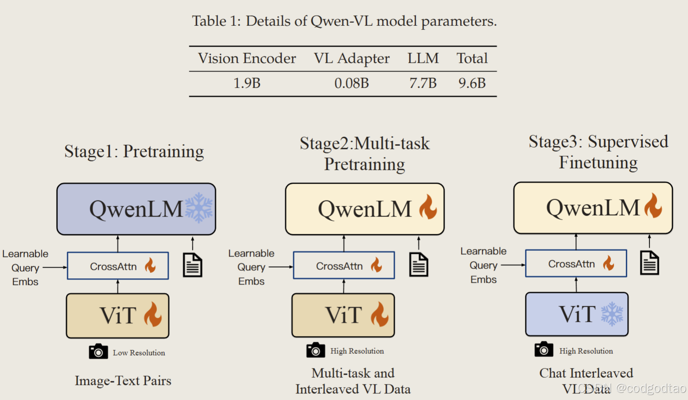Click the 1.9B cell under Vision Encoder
tap(247, 83)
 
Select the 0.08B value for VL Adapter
tap(351, 83)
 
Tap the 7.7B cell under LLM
tap(423, 83)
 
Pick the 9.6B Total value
tap(472, 83)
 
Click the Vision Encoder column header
tap(247, 58)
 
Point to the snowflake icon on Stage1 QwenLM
tap(199, 208)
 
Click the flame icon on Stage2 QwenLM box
tap(429, 207)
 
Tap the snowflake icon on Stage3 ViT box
tap(612, 314)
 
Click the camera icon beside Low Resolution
tap(98, 352)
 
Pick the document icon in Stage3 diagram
tap(649, 263)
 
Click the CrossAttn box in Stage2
tap(344, 266)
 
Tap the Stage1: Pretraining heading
tap(134, 152)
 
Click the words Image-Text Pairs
tap(123, 381)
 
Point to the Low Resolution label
tap(139, 353)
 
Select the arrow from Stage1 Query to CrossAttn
tap(55, 268)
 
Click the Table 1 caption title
tap(344, 21)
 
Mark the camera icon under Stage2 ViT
tap(315, 350)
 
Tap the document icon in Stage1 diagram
tap(193, 265)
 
